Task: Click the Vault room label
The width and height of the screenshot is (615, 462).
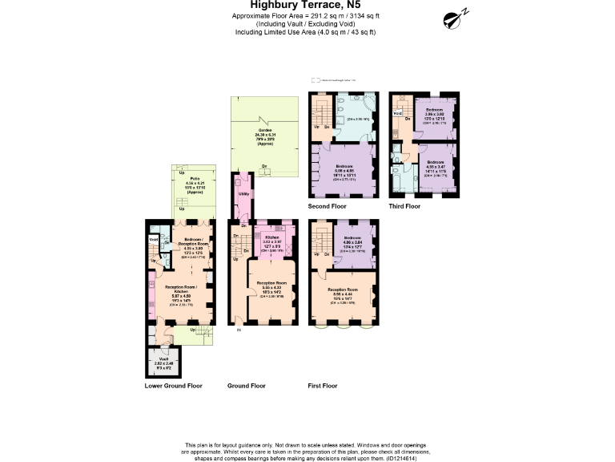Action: [x=163, y=358]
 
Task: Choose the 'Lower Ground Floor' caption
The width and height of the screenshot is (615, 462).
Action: [x=173, y=386]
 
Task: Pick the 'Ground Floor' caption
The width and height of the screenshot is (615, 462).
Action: [x=247, y=386]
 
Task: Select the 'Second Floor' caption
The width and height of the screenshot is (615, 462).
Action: [x=329, y=206]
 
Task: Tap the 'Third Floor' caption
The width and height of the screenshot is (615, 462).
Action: [x=404, y=206]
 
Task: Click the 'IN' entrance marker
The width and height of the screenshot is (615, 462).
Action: [x=238, y=330]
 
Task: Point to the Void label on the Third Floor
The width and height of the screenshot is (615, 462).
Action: [x=397, y=113]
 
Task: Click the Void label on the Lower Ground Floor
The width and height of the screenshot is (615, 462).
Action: [x=153, y=239]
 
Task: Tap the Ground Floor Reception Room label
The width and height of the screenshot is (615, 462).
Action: [x=270, y=284]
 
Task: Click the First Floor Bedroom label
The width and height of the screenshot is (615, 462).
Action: [x=352, y=238]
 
